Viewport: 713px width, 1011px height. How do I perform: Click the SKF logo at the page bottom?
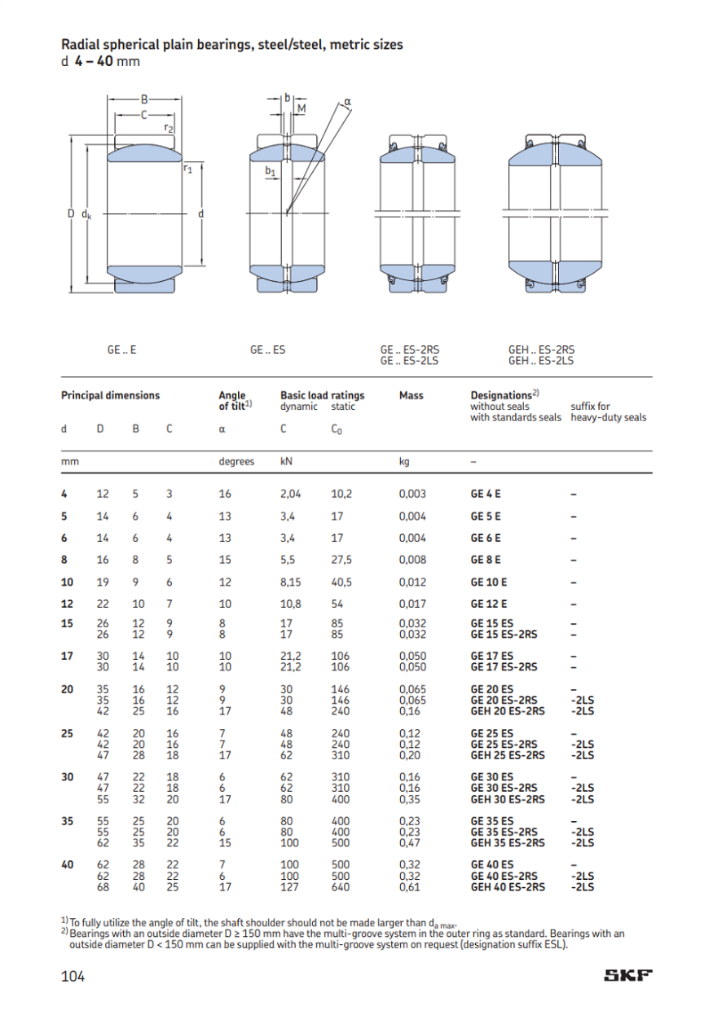click(x=628, y=976)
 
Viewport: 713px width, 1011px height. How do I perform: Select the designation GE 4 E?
click(x=486, y=494)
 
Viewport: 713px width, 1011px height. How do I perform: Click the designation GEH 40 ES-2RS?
click(x=508, y=887)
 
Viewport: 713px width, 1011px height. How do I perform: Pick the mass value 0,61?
click(x=410, y=887)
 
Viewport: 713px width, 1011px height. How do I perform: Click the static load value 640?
click(x=340, y=887)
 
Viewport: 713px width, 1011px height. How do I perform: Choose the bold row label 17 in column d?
click(x=68, y=656)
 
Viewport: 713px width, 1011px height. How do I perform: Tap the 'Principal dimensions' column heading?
click(x=111, y=396)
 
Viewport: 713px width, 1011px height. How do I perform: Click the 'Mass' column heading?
click(x=411, y=396)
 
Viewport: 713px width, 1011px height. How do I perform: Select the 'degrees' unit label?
click(x=236, y=461)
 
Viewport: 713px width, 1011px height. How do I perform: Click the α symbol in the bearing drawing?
click(x=347, y=102)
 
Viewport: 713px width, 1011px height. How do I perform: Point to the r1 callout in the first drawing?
click(x=187, y=169)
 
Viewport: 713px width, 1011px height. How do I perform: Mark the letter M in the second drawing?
click(x=301, y=108)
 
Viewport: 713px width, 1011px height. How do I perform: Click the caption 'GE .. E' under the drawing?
click(x=121, y=350)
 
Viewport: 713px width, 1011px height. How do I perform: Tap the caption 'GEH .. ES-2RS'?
click(x=541, y=350)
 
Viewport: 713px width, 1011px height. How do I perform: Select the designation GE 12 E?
click(x=489, y=604)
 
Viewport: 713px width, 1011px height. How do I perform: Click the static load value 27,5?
click(x=341, y=560)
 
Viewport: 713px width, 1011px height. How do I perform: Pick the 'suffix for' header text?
click(x=590, y=407)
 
